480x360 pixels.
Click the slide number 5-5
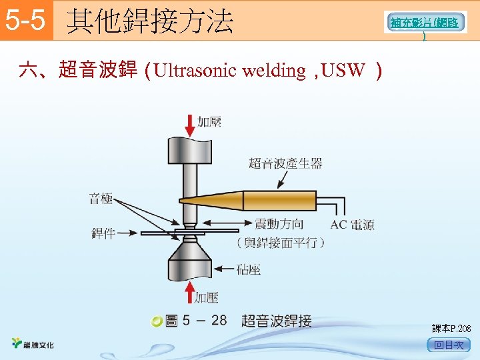[x=25, y=21]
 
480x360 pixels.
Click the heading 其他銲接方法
[x=151, y=21]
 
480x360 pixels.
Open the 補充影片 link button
[x=425, y=23]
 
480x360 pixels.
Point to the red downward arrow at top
[x=190, y=125]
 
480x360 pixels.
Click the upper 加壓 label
[x=209, y=122]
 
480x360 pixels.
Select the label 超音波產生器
[x=285, y=163]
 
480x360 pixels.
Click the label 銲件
[x=103, y=233]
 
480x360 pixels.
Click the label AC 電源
[x=352, y=225]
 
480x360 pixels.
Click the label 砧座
[x=248, y=269]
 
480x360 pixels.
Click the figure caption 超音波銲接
[x=276, y=321]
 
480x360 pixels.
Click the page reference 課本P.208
[x=451, y=329]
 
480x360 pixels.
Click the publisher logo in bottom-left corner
[x=33, y=344]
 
